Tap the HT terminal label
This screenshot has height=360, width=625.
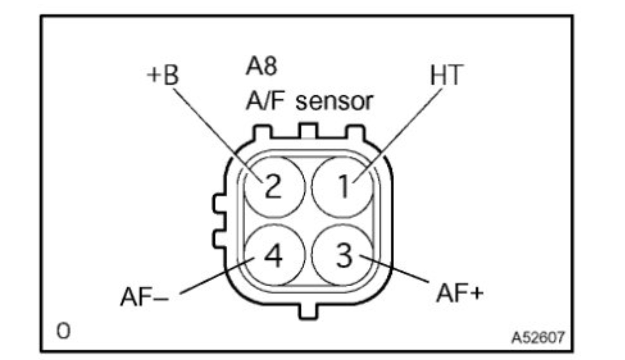click(x=445, y=76)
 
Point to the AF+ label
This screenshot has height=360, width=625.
click(x=459, y=293)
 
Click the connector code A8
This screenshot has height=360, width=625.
click(x=261, y=67)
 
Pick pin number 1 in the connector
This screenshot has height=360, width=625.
click(x=343, y=187)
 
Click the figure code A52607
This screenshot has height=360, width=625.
click(x=537, y=338)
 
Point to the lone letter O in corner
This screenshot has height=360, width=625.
click(x=63, y=331)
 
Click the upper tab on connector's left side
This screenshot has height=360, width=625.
click(x=220, y=202)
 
